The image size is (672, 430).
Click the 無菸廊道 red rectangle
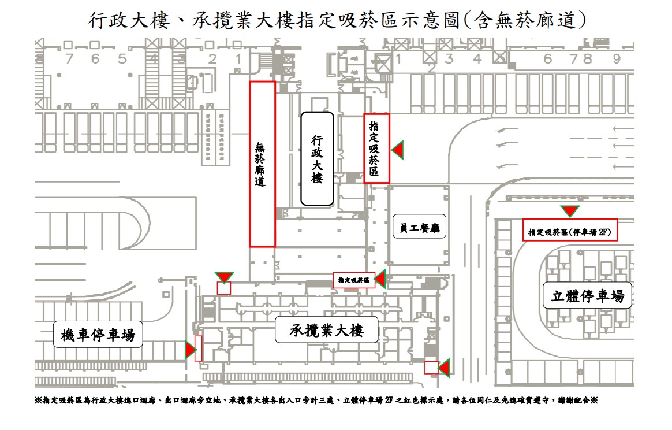(262, 164)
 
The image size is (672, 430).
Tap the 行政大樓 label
(317, 159)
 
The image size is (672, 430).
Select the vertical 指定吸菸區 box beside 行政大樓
(376, 149)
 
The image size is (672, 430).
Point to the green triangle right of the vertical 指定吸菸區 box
(397, 150)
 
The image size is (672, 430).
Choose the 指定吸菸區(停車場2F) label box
(570, 230)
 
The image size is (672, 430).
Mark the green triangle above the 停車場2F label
(570, 211)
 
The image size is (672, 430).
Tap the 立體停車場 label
(588, 296)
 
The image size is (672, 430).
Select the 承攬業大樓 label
(326, 331)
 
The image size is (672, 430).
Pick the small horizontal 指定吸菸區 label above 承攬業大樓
(354, 280)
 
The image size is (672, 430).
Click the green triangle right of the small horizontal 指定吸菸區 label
(380, 280)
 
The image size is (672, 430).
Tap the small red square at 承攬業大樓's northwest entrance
(223, 288)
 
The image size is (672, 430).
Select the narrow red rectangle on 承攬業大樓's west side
(199, 349)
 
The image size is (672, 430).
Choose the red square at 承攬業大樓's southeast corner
(430, 368)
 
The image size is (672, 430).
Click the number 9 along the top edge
(617, 58)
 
